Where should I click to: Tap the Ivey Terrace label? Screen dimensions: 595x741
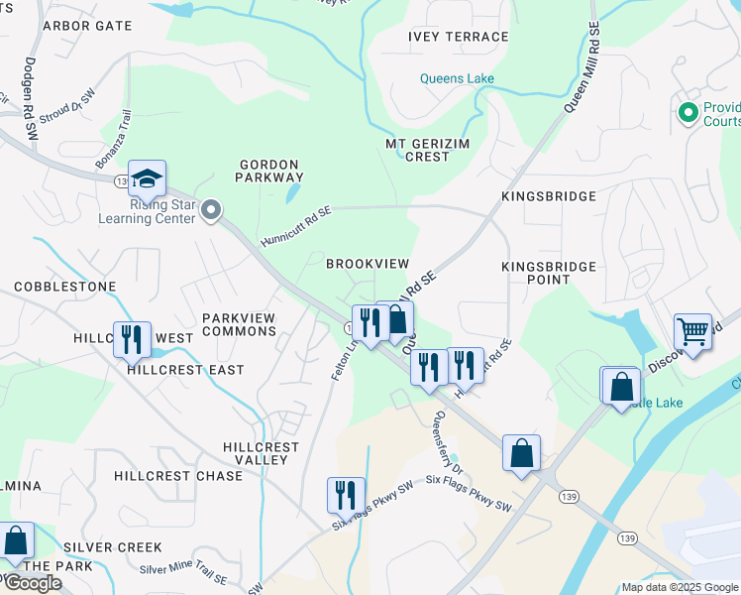click(x=458, y=37)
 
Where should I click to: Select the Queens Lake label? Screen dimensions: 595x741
click(x=457, y=78)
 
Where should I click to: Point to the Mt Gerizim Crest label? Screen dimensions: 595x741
click(x=418, y=150)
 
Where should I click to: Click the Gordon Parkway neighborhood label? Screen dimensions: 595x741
click(x=268, y=171)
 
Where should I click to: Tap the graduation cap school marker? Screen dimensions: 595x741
click(x=147, y=179)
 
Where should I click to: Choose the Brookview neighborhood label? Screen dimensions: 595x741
click(x=368, y=263)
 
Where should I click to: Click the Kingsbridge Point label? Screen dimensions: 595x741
click(x=549, y=273)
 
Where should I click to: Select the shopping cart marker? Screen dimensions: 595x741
click(x=692, y=331)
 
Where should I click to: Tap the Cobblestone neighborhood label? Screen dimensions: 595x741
click(x=64, y=287)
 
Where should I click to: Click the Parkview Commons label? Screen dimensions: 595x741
click(x=239, y=324)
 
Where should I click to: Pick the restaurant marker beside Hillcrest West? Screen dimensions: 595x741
click(x=132, y=338)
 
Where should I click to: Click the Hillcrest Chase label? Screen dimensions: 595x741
click(x=178, y=476)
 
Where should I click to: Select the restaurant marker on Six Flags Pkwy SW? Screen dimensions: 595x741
click(x=345, y=493)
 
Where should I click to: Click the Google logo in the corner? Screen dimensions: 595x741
click(x=33, y=583)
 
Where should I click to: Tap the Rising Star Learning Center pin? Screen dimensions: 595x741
click(x=211, y=210)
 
